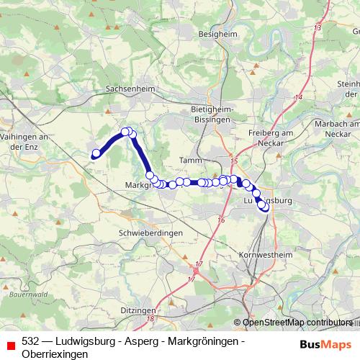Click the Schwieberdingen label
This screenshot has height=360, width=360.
pyautogui.click(x=151, y=233)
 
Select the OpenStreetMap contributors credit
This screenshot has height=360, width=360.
pyautogui.click(x=297, y=323)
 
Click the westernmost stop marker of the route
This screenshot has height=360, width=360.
pyautogui.click(x=95, y=153)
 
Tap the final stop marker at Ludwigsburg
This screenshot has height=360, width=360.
pyautogui.click(x=265, y=207)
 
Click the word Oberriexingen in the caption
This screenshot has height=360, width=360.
pyautogui.click(x=55, y=354)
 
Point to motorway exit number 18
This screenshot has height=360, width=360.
pyautogui.click(x=150, y=318)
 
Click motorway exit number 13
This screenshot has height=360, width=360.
pyautogui.click(x=318, y=27)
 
